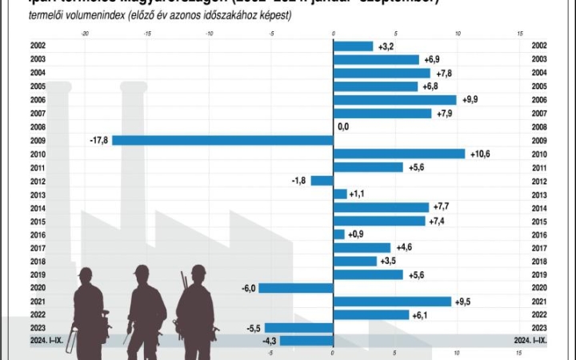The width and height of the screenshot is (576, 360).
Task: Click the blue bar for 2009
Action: (222, 140)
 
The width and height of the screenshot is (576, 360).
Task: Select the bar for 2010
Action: (398, 154)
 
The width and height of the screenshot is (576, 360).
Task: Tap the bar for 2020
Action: (295, 288)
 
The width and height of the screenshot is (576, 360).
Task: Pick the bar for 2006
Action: (394, 100)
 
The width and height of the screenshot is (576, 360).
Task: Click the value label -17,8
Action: (100, 140)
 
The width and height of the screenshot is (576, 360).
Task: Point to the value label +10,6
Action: (480, 154)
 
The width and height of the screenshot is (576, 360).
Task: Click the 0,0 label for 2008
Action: (343, 126)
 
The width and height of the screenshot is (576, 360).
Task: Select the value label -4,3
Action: (265, 341)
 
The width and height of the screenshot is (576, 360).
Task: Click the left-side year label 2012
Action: (37, 181)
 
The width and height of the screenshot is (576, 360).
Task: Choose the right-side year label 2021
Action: (538, 302)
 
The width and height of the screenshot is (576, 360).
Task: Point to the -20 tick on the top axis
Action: (85, 33)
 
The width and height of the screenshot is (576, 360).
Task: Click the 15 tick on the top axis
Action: (520, 33)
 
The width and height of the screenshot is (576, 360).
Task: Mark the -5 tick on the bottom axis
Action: (270, 352)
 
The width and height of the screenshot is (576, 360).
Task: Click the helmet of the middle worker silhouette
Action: (142, 270)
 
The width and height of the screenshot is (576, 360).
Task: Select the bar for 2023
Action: (298, 328)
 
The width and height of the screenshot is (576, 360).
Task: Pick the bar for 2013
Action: (340, 194)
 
